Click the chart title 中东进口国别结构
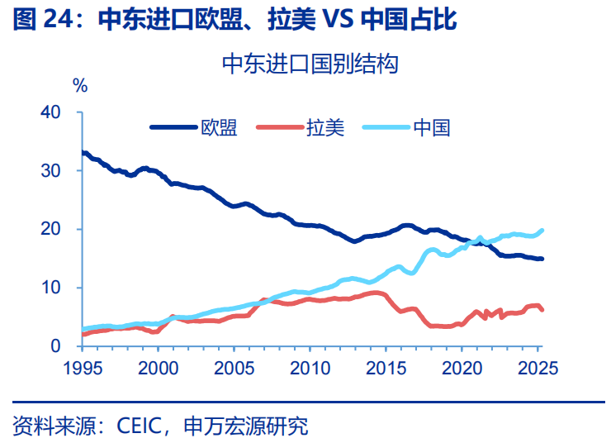[310, 65]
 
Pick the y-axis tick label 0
[67, 345]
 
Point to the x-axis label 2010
[310, 367]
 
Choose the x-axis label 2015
[386, 367]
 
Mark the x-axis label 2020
[462, 367]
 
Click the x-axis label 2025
[538, 367]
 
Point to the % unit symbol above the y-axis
[80, 84]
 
